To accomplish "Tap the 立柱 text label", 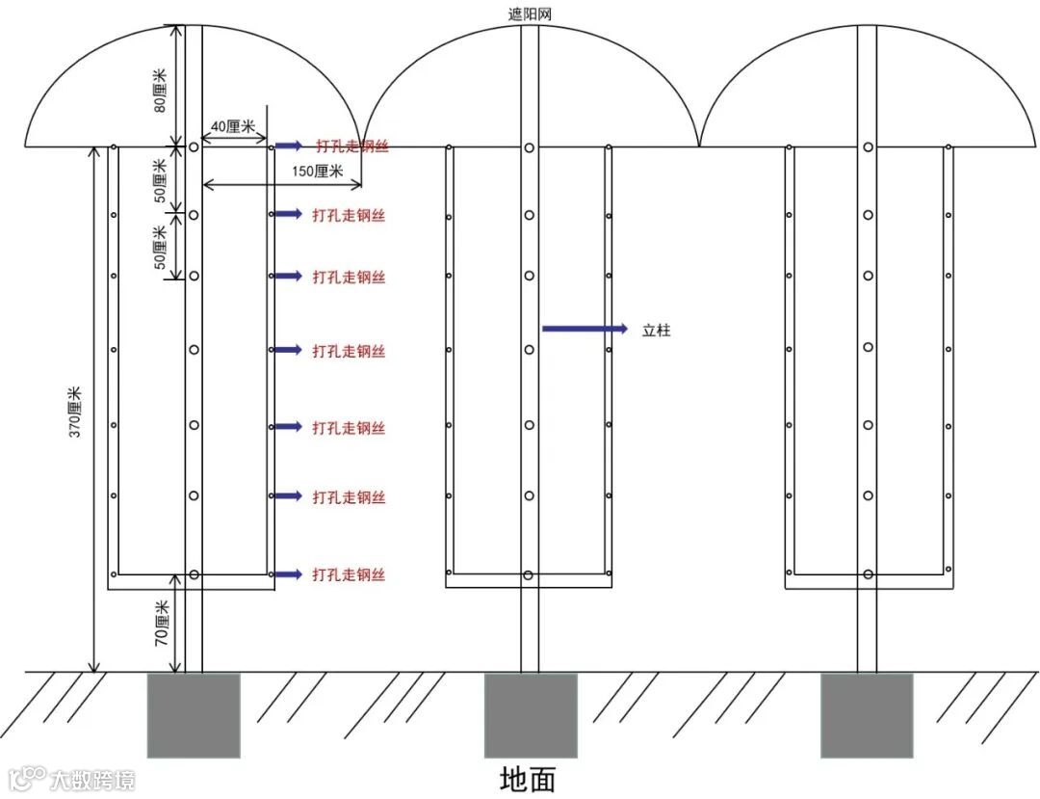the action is point(656,331).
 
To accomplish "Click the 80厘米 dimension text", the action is point(161,90).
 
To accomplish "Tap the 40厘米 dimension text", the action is point(232,126).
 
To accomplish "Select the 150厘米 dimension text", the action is point(316,171).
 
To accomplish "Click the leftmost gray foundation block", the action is point(193,715).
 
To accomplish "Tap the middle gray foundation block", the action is point(530,715).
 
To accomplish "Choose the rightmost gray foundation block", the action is point(867,715).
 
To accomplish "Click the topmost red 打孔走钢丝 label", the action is point(352,146).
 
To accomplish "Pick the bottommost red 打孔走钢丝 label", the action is point(349,575).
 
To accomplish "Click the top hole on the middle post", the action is point(530,147).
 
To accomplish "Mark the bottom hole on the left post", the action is point(194,574).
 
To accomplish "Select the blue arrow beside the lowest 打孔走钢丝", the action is point(287,574).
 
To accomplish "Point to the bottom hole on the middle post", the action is point(528,575).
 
